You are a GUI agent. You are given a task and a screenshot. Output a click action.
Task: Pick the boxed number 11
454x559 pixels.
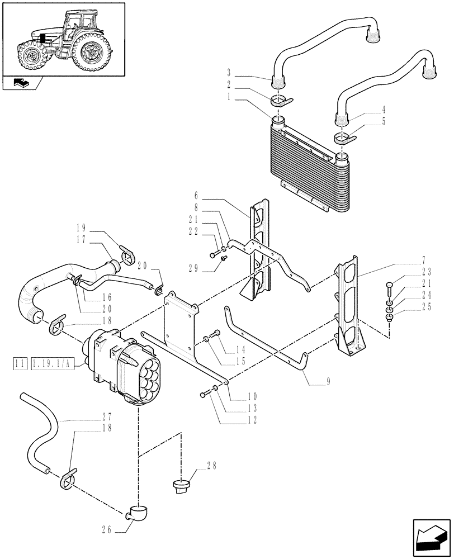[20, 364]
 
